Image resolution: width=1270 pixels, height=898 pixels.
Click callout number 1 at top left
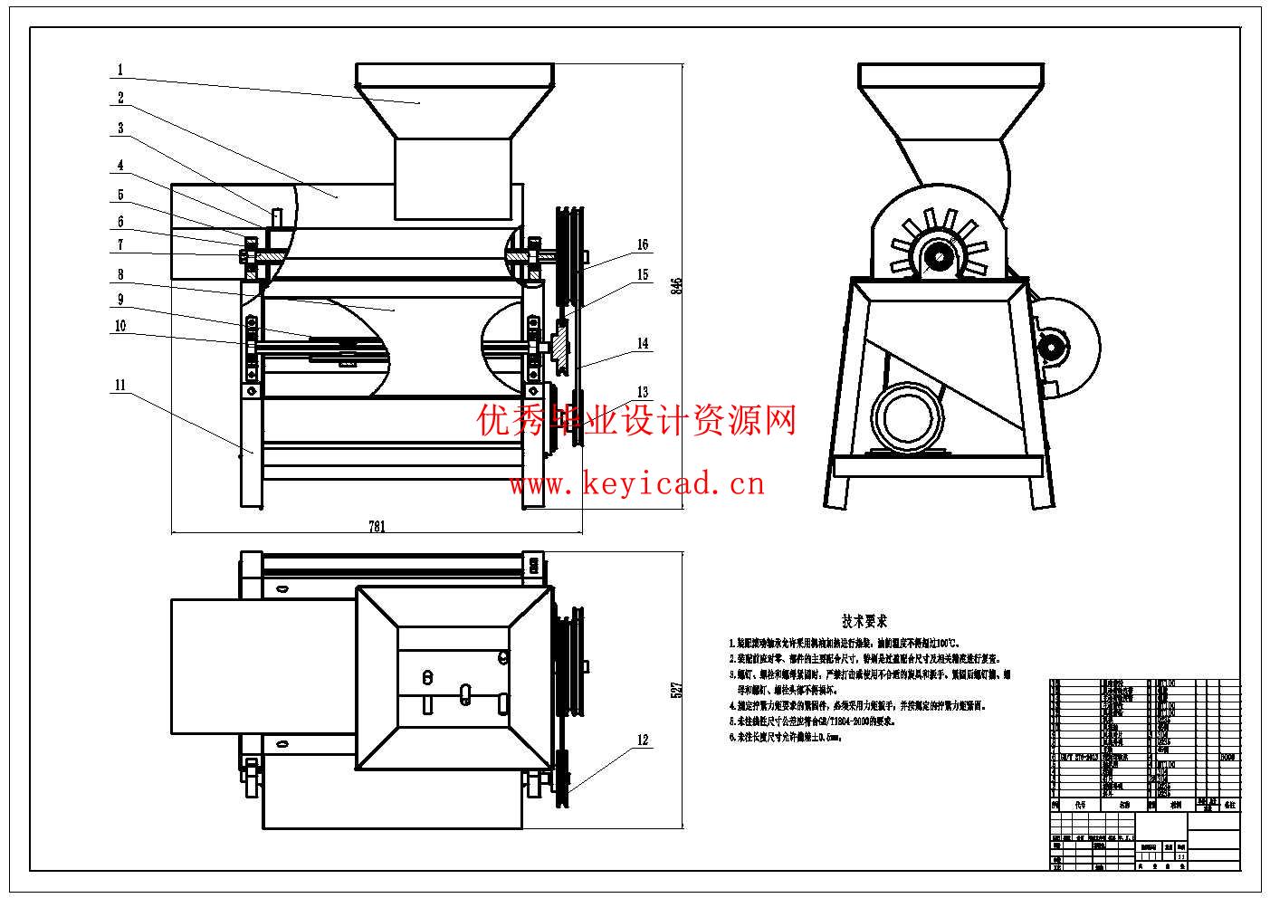point(120,70)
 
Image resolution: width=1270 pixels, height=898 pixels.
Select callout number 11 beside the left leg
point(119,385)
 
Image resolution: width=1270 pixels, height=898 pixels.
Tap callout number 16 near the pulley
point(643,244)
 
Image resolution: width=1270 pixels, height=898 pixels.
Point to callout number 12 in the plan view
point(643,740)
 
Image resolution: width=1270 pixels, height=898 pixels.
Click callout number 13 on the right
point(643,392)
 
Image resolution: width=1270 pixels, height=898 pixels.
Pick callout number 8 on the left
point(120,274)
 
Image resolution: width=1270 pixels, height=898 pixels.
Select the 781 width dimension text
point(377,526)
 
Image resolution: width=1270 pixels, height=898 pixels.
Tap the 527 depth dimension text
point(674,689)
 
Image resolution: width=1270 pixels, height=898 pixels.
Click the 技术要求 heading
point(864,621)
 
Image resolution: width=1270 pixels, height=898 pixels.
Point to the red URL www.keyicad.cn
point(636,484)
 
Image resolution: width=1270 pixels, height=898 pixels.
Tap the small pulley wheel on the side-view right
point(1053,345)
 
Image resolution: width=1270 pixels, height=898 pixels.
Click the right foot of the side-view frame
point(1042,493)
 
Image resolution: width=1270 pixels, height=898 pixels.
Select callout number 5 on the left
point(120,196)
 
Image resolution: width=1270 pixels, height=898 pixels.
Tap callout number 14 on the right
point(643,344)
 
